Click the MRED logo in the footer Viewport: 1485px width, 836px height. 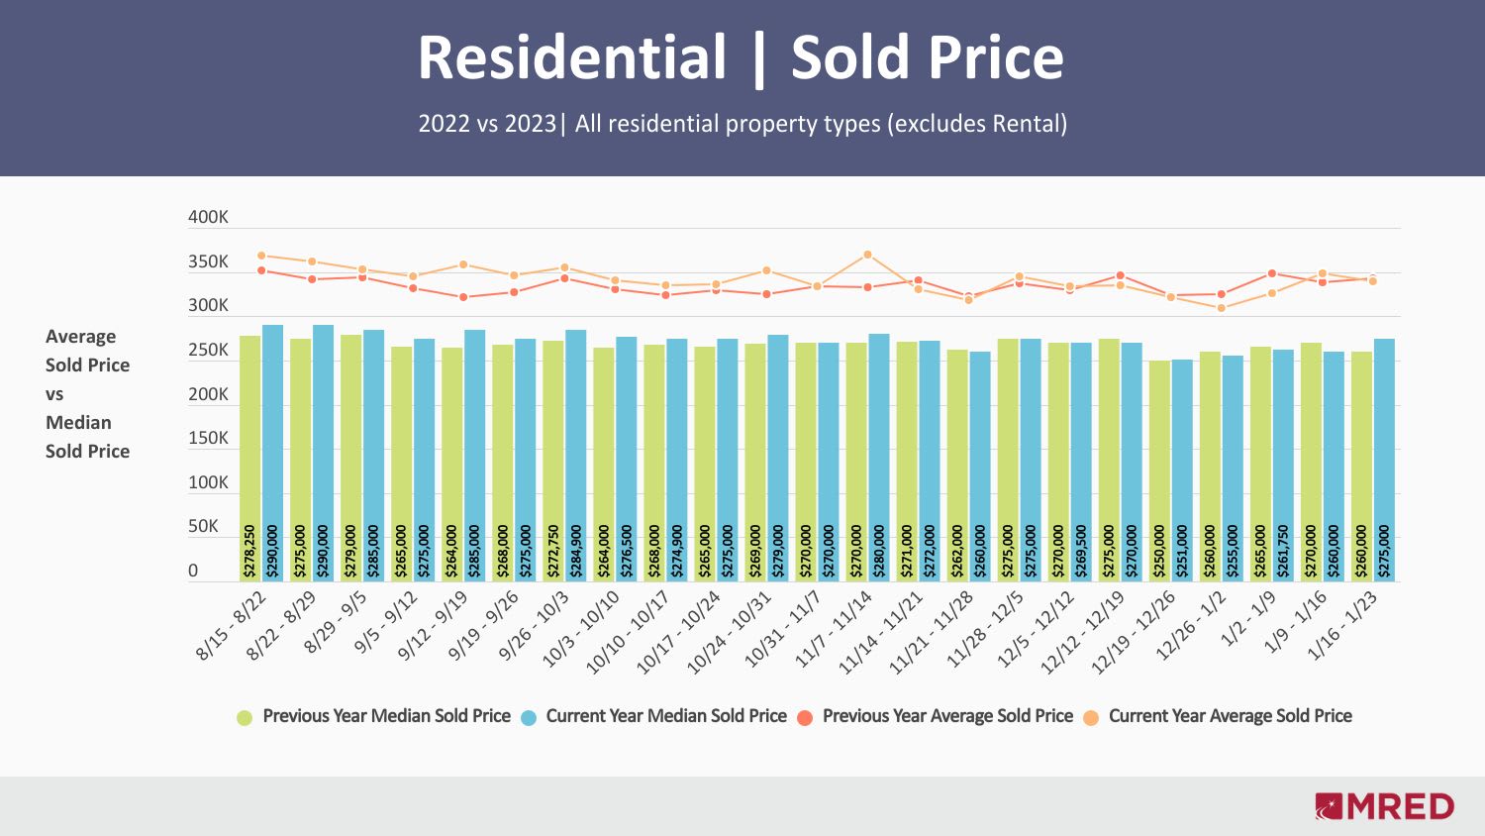1384,806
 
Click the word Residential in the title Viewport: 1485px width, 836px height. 572,57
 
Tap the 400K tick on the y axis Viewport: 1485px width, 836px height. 208,218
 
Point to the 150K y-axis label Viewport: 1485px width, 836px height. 208,438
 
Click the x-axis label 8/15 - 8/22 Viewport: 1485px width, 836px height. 232,625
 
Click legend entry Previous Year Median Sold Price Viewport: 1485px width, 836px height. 386,716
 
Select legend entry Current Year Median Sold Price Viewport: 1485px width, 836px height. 665,716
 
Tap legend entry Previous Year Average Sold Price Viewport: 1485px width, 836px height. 946,716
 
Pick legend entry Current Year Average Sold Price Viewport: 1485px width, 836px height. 1230,716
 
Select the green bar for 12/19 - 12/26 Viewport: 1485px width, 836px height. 1159,466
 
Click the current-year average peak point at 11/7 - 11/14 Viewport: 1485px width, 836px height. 867,255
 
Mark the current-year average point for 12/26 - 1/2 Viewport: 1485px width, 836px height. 1221,308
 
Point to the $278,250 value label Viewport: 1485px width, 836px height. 249,551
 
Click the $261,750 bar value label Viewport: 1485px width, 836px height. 1283,551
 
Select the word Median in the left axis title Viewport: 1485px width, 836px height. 78,423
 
